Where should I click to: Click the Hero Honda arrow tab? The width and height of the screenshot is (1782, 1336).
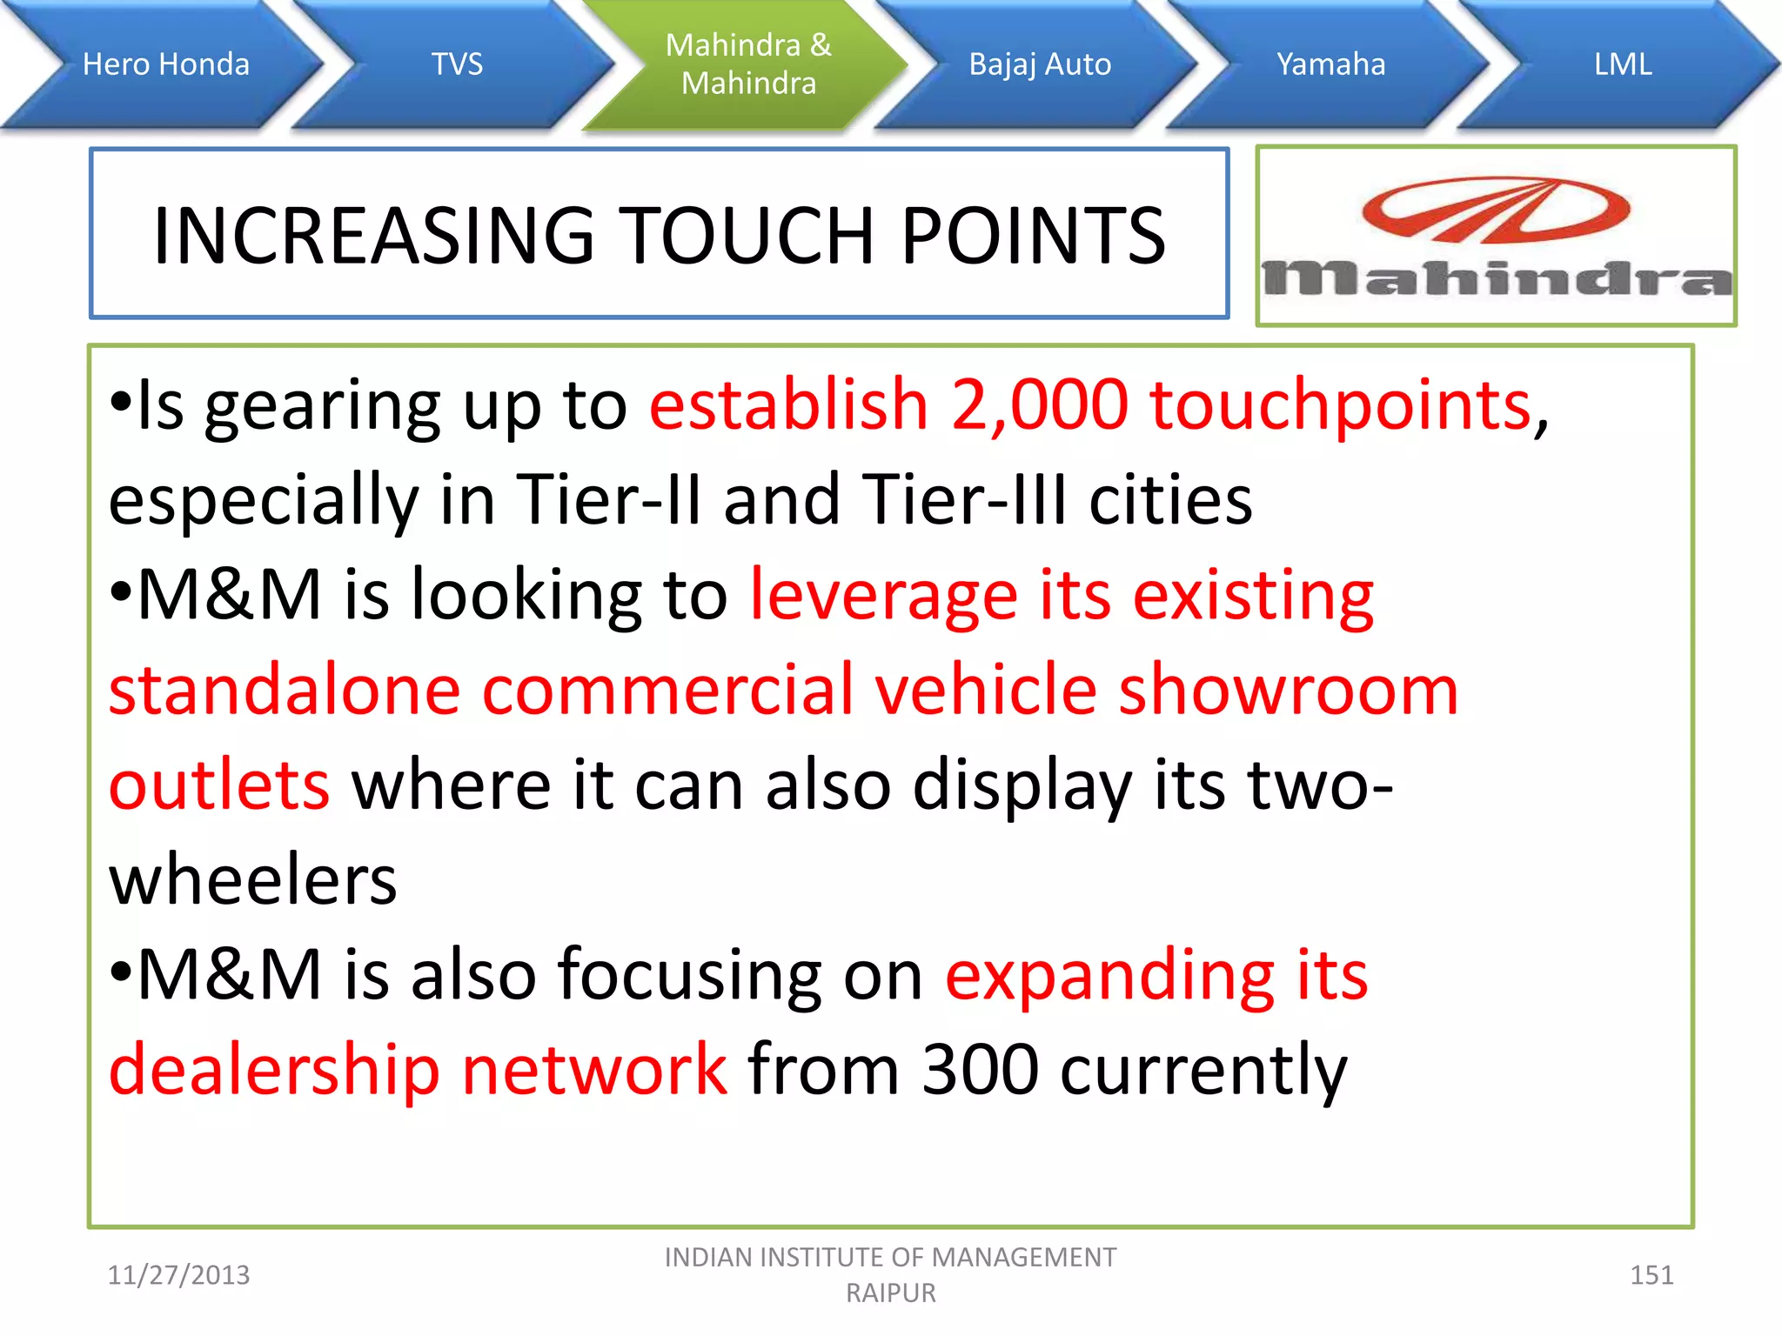(165, 64)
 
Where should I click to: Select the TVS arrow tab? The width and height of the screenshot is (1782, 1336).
(457, 64)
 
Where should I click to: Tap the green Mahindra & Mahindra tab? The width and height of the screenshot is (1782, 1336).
(748, 64)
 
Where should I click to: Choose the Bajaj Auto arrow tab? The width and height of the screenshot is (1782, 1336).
(1040, 64)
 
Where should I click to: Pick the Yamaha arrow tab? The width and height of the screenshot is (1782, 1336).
(1330, 64)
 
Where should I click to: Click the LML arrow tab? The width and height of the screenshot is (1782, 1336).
(1622, 64)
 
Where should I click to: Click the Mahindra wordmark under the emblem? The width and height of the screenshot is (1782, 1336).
(1496, 279)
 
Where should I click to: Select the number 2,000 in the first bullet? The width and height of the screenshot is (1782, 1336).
(1039, 404)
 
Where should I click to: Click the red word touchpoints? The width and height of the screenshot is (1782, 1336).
(1340, 406)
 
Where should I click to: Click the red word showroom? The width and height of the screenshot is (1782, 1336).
(1288, 690)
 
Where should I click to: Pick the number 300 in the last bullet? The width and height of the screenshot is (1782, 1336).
(980, 1069)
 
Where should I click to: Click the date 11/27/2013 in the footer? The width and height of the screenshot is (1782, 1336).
(178, 1275)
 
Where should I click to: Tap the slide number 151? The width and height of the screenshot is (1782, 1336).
(1651, 1275)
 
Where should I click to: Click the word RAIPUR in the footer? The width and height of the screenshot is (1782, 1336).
(891, 1293)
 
